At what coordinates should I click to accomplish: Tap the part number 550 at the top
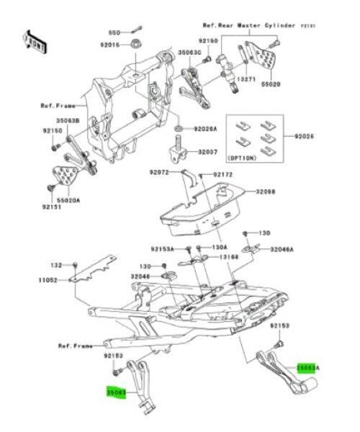coord(114,32)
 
